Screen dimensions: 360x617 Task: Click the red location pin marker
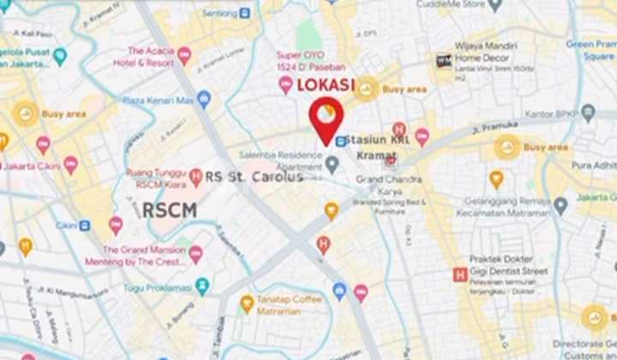[x=326, y=118]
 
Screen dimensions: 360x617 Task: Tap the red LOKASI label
[x=326, y=86]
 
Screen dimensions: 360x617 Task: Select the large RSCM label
[x=169, y=210]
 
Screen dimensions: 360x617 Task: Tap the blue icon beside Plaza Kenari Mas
[x=204, y=99]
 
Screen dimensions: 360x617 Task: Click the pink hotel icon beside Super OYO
[x=285, y=83]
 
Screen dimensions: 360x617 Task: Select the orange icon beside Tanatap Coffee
[x=247, y=302]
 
